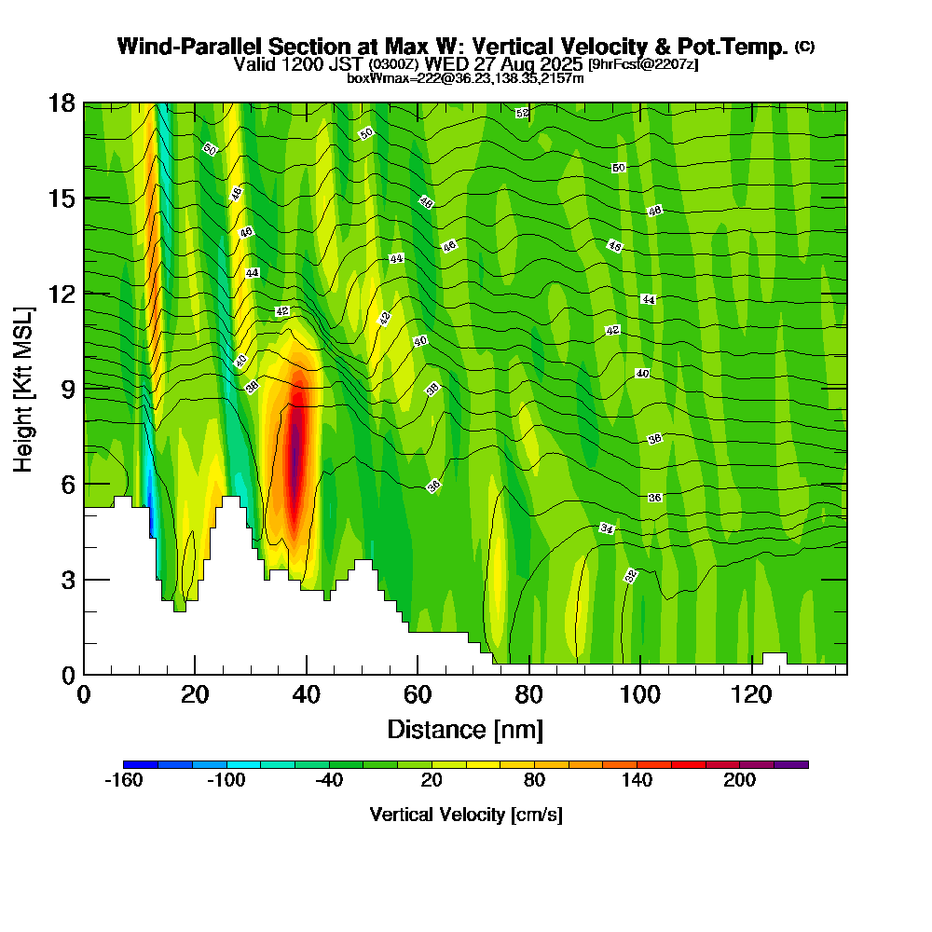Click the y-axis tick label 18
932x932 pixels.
pyautogui.click(x=62, y=103)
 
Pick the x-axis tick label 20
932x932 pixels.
pyautogui.click(x=195, y=694)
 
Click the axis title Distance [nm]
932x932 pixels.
pyautogui.click(x=465, y=729)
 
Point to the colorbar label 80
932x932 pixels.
pyautogui.click(x=534, y=781)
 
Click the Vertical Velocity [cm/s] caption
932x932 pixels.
pyautogui.click(x=465, y=815)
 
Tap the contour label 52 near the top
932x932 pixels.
pyautogui.click(x=522, y=113)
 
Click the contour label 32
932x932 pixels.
pyautogui.click(x=631, y=576)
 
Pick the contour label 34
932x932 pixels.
pyautogui.click(x=607, y=528)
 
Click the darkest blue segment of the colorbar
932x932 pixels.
pyautogui.click(x=140, y=764)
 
